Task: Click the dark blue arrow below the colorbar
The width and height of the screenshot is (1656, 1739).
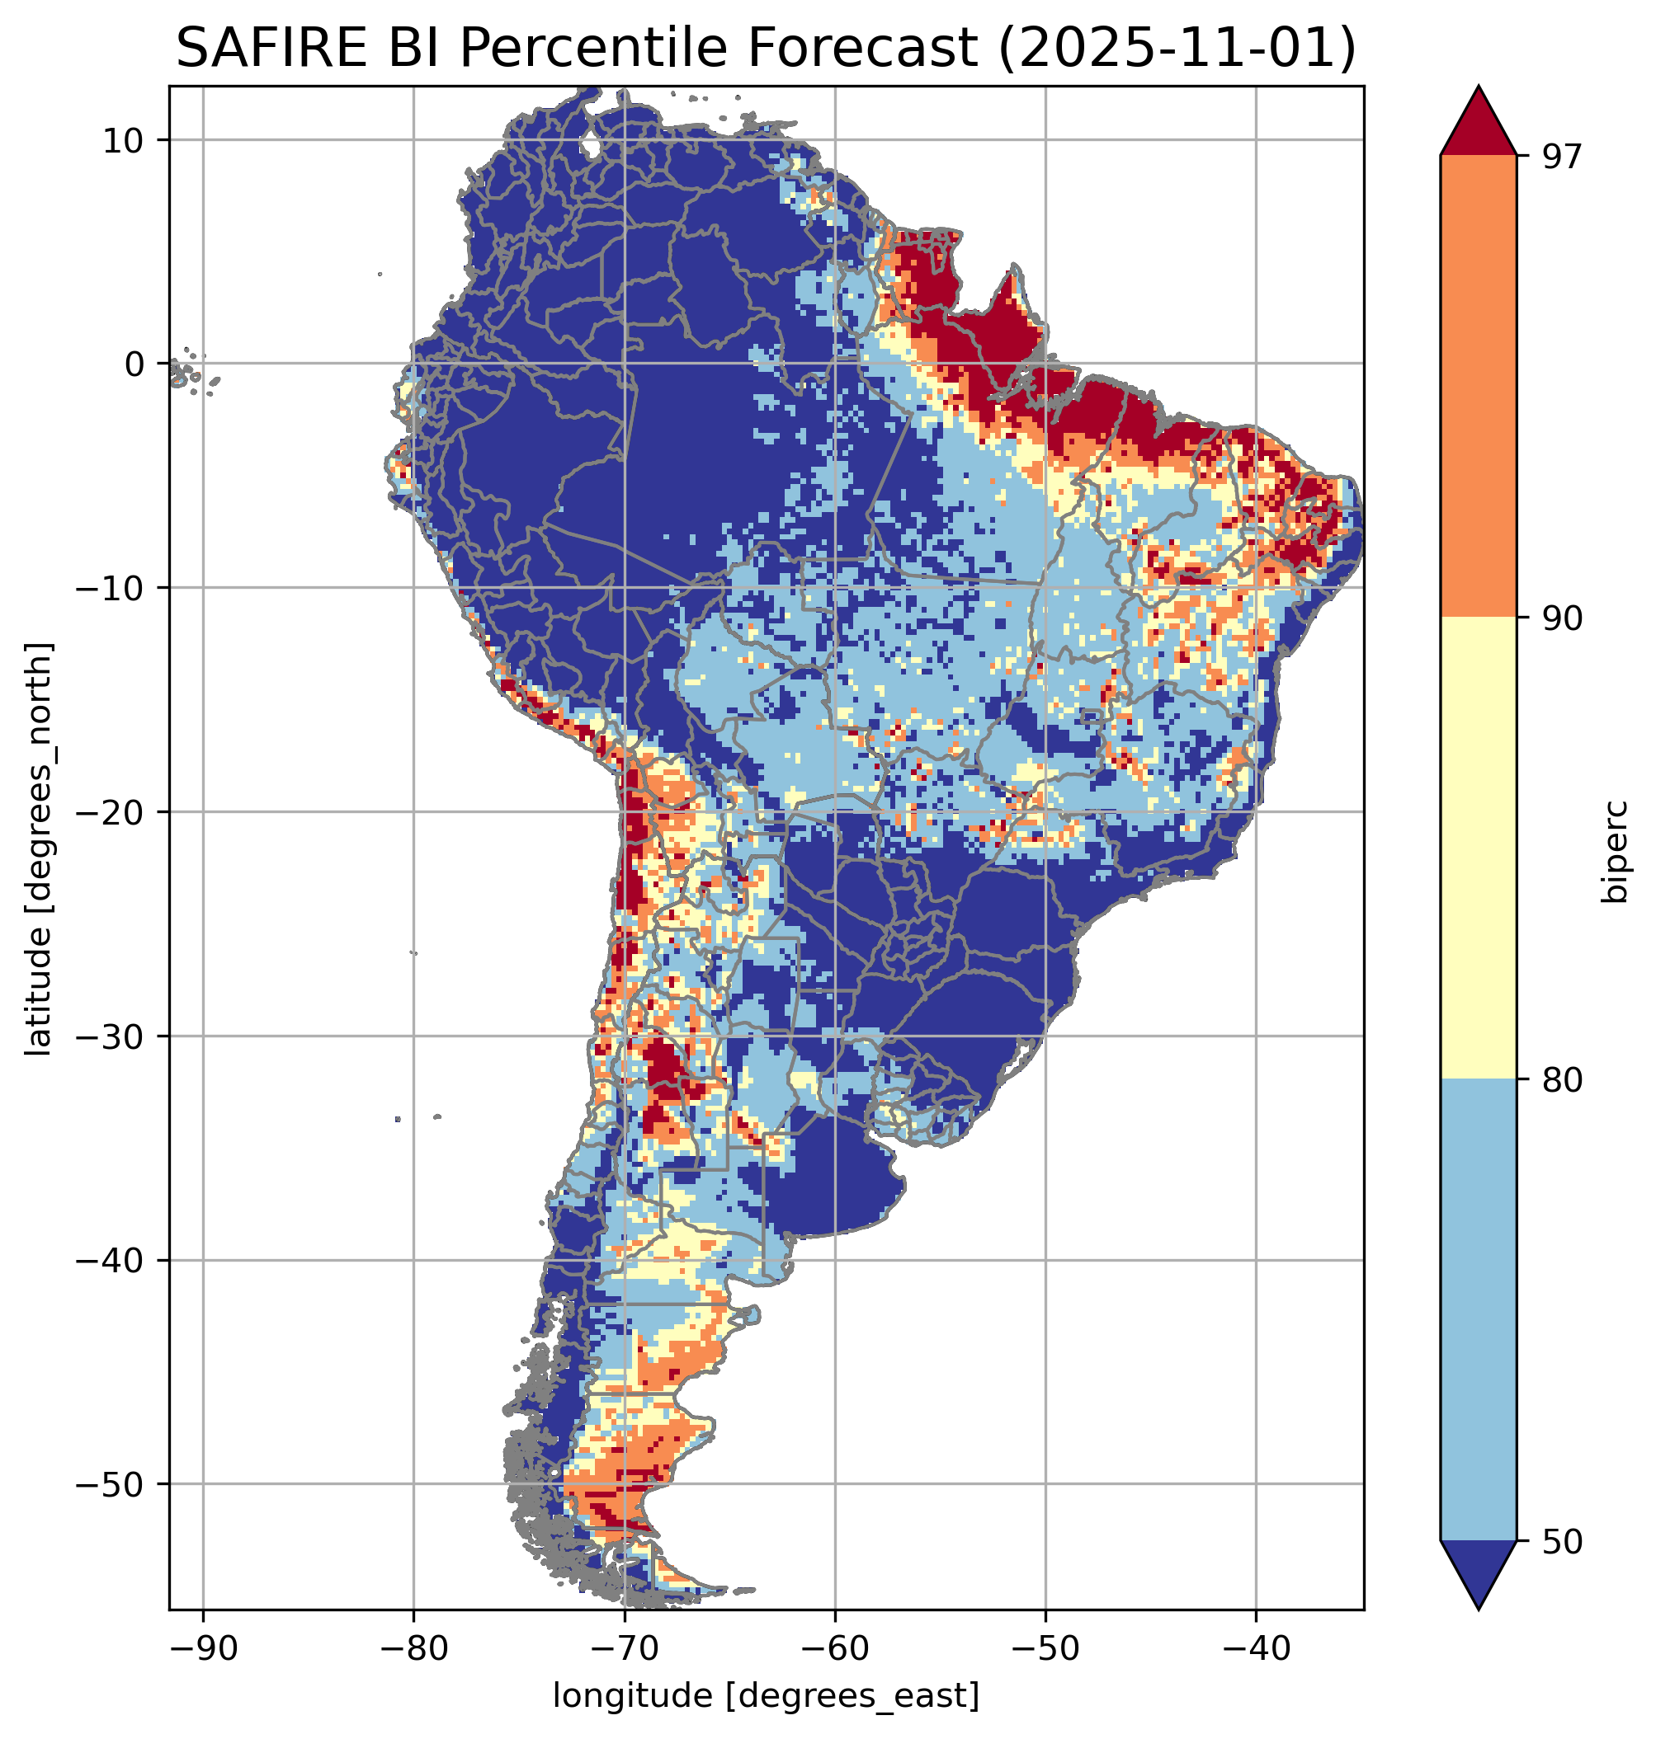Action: pos(1478,1574)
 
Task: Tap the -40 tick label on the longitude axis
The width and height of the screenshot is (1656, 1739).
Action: pos(1255,1647)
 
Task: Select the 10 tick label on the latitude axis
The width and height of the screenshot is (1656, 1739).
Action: pos(125,140)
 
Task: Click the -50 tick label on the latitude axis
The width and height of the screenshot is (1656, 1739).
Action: pos(111,1485)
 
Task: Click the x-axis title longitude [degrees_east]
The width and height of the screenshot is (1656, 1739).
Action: pos(767,1694)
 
